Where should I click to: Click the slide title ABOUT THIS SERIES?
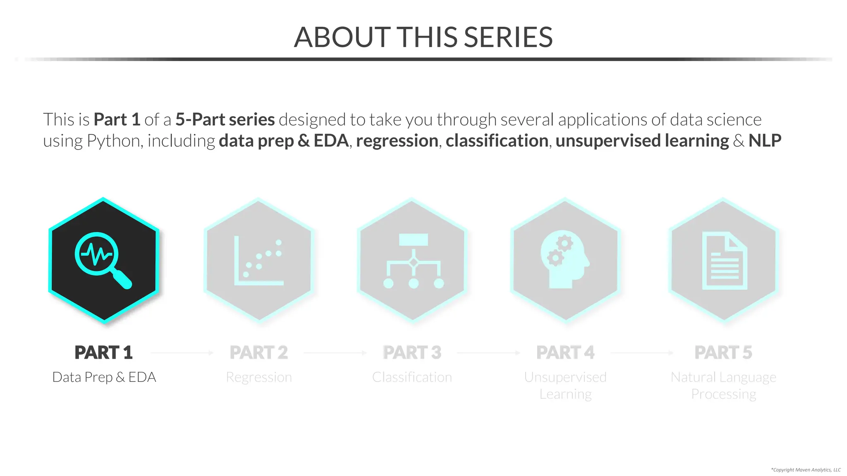423,37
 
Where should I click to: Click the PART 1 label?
103,352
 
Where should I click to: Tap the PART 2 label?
258,352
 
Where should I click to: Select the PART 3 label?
412,352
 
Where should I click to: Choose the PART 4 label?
565,352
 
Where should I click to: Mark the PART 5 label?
723,352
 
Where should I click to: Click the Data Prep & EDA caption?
104,377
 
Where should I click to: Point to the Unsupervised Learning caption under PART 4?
565,386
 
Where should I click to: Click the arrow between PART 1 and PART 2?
182,353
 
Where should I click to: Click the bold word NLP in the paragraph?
765,141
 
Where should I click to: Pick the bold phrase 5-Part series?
225,120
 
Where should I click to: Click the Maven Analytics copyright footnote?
806,470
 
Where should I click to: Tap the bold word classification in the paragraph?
497,141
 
